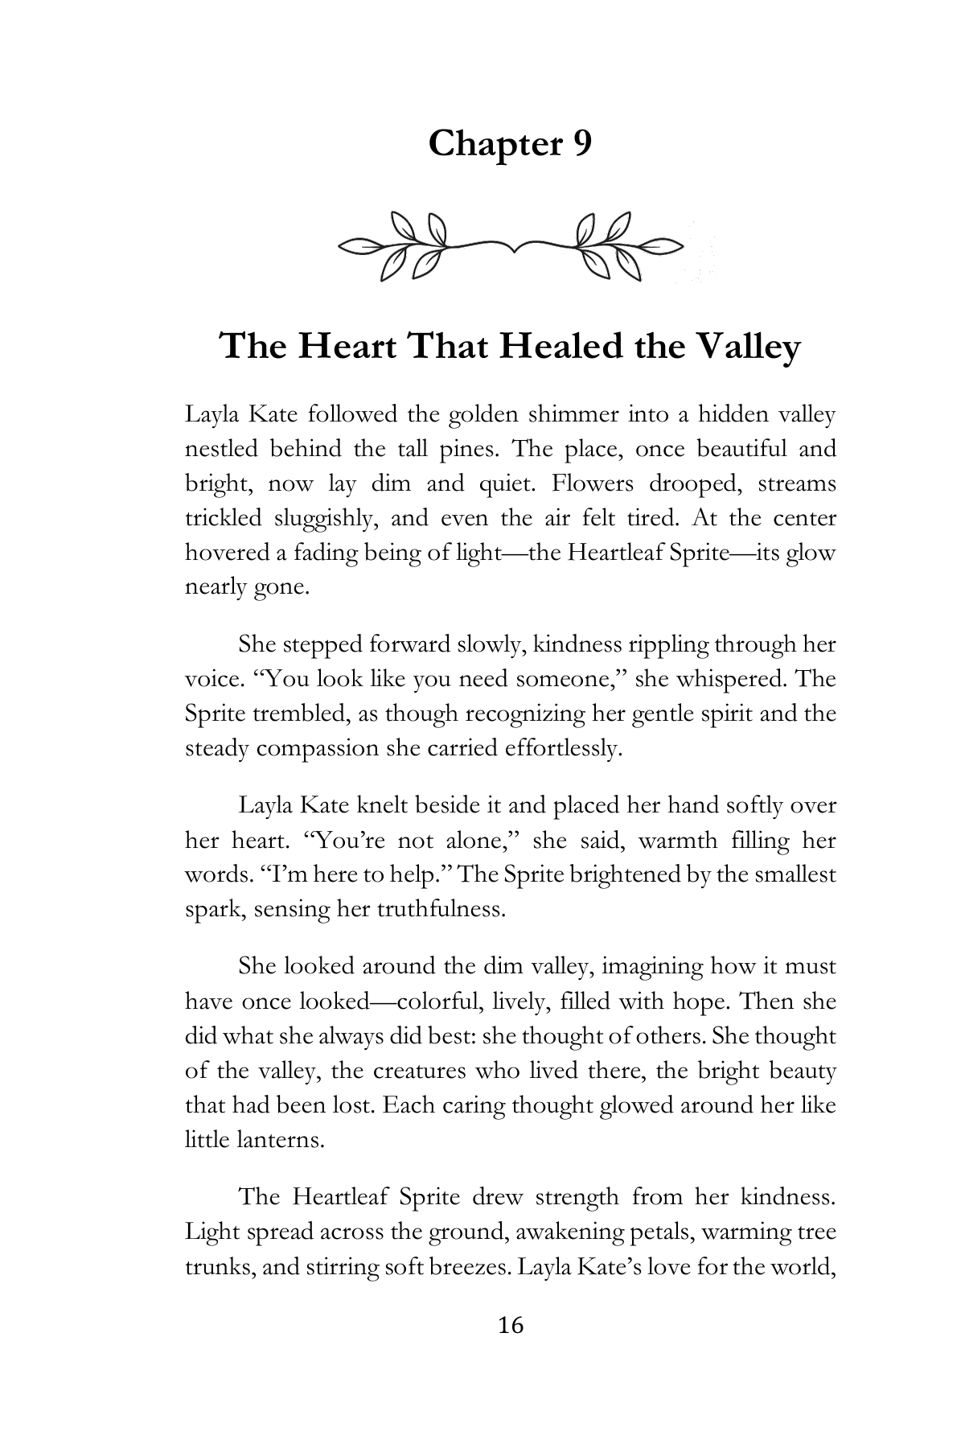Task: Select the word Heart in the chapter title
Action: click(347, 348)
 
